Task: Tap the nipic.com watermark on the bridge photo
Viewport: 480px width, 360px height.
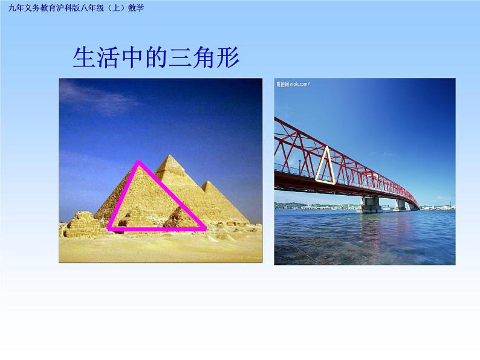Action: (x=293, y=84)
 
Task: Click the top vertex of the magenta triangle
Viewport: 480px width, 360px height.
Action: (x=139, y=162)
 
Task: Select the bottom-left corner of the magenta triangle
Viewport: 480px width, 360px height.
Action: (x=109, y=229)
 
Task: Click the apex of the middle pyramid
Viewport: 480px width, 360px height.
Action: (x=171, y=156)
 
